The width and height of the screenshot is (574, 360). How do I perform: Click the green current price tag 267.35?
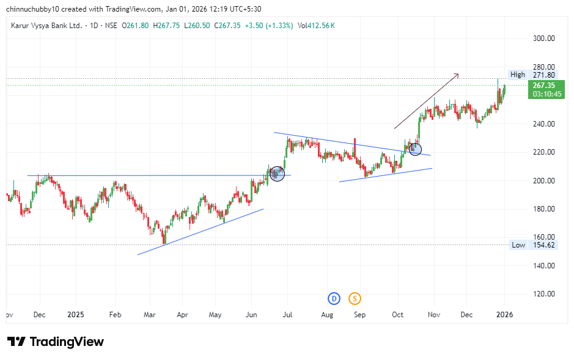point(547,86)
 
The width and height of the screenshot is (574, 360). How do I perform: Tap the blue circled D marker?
point(333,298)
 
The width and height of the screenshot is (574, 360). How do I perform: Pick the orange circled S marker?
point(355,298)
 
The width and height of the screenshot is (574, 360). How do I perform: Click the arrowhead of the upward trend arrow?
point(457,75)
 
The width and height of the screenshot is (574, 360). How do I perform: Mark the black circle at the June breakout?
point(277,174)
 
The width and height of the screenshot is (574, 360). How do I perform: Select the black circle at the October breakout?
point(415,148)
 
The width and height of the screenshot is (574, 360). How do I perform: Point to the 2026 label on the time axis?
point(504,315)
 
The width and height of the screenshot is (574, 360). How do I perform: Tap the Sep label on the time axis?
point(360,315)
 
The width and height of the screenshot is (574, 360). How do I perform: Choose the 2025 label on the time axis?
point(76,315)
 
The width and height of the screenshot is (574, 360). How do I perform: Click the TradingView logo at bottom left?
point(55,342)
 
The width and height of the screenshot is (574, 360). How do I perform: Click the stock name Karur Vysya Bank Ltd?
point(46,26)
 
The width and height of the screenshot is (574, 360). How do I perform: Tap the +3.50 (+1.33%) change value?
point(270,26)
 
